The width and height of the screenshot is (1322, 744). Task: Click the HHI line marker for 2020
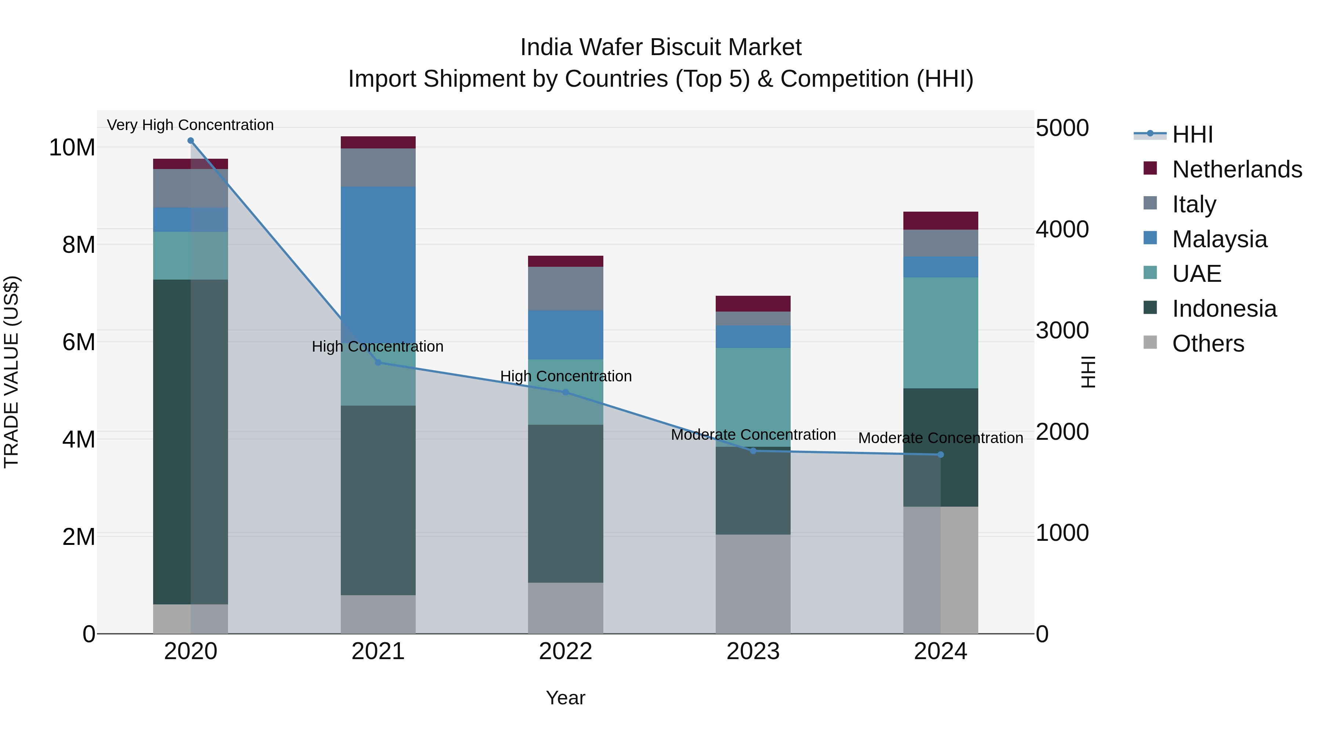[190, 141]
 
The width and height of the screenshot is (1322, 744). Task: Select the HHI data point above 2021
[378, 363]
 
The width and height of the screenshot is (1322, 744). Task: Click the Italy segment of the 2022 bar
[566, 288]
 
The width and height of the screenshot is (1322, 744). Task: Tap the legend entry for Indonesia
[1224, 309]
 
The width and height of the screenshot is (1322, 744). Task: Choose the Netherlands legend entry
[1236, 169]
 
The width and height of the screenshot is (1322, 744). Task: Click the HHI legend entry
[1192, 134]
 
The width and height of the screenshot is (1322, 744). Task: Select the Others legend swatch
[1150, 342]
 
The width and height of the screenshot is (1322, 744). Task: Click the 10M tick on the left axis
[72, 147]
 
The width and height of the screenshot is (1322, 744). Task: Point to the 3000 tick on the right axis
[1061, 330]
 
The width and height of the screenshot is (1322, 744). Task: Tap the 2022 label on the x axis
[566, 651]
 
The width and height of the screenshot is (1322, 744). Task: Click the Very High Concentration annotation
[190, 125]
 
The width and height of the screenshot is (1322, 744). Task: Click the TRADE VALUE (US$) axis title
[11, 372]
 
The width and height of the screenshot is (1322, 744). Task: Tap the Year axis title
[566, 698]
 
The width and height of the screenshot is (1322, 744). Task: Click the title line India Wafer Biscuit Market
[661, 47]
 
